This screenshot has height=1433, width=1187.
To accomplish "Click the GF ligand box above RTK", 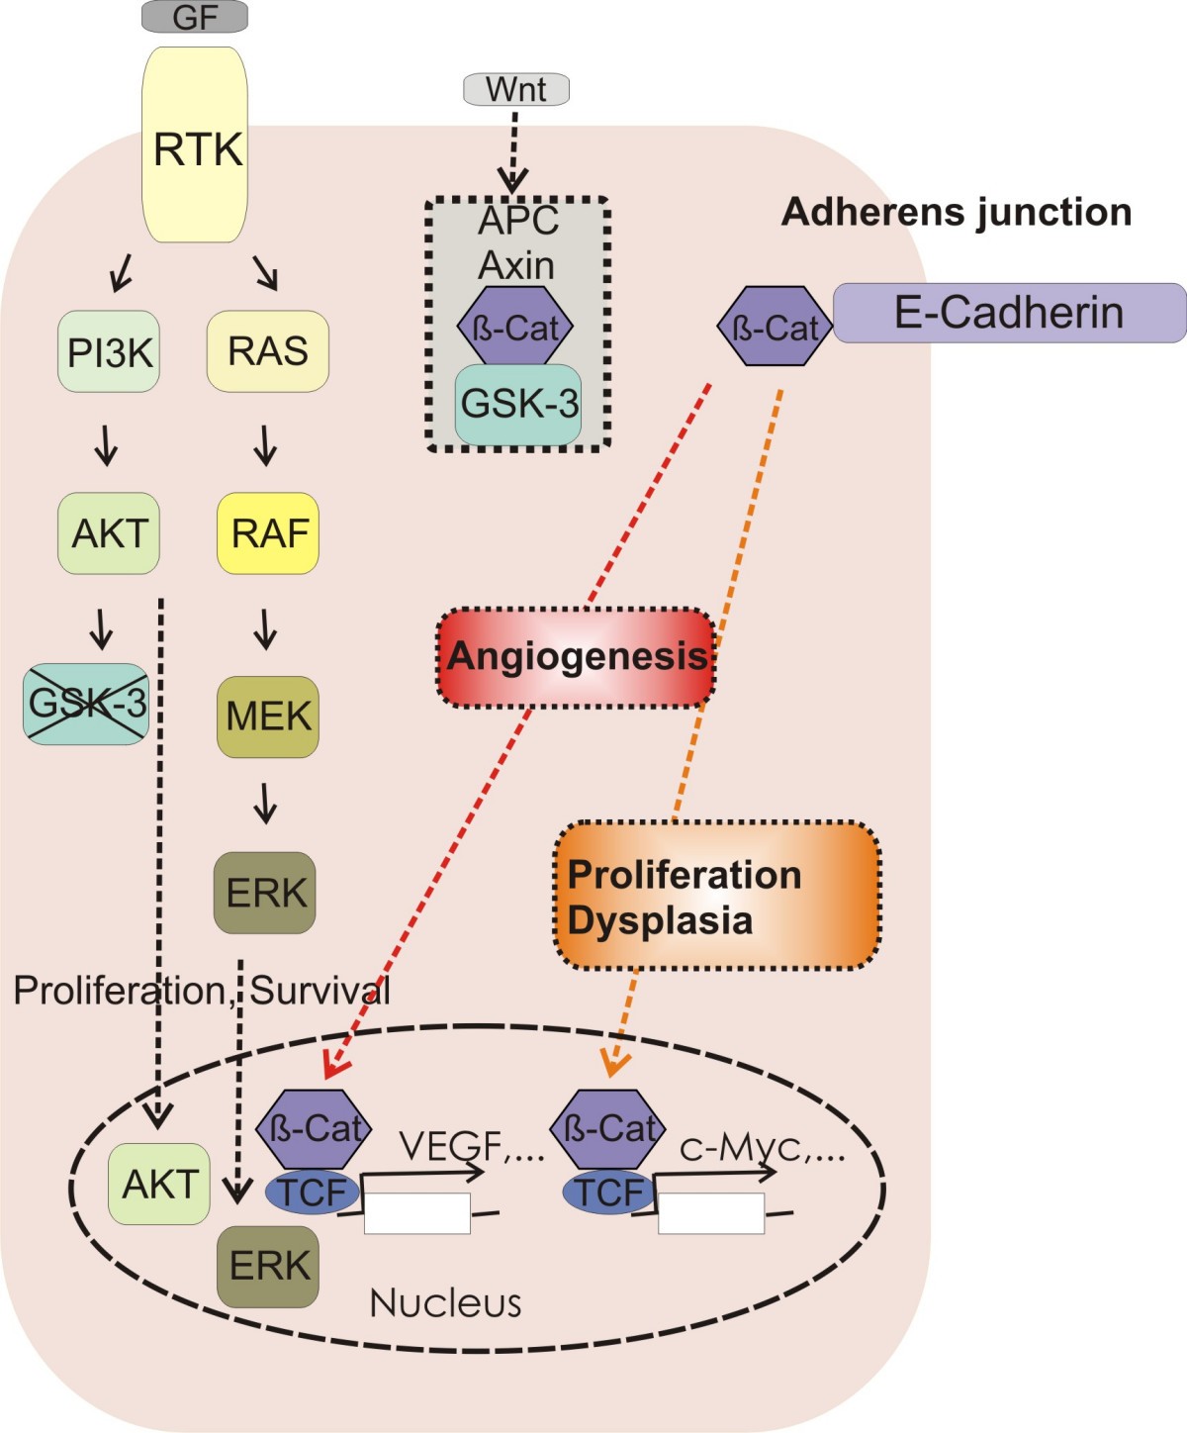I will pyautogui.click(x=195, y=17).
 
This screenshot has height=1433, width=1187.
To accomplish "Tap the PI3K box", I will pyautogui.click(x=109, y=351).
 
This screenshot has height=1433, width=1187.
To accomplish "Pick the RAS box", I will pyautogui.click(x=267, y=351).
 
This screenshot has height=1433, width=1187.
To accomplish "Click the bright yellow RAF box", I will pyautogui.click(x=268, y=533).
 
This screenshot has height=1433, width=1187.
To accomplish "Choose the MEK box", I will pyautogui.click(x=267, y=716).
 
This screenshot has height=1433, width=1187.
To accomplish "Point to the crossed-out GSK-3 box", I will pyautogui.click(x=86, y=704).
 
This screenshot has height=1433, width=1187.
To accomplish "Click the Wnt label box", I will pyautogui.click(x=516, y=89).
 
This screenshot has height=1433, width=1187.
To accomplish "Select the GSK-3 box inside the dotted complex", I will pyautogui.click(x=518, y=404).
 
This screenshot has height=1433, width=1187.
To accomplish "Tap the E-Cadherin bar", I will pyautogui.click(x=1009, y=313).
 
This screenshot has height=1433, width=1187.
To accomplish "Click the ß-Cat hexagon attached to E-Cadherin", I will pyautogui.click(x=775, y=327).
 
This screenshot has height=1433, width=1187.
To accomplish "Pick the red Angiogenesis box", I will pyautogui.click(x=576, y=657).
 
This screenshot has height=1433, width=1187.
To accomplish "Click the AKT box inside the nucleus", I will pyautogui.click(x=159, y=1184).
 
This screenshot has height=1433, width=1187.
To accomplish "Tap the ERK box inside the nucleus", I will pyautogui.click(x=268, y=1266).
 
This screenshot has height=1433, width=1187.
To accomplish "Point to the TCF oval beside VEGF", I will pyautogui.click(x=313, y=1192).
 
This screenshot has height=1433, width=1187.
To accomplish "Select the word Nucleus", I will pyautogui.click(x=445, y=1303).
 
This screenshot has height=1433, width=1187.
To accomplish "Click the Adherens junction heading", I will pyautogui.click(x=957, y=212).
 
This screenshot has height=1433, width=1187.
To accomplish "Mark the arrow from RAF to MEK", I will pyautogui.click(x=265, y=628).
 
